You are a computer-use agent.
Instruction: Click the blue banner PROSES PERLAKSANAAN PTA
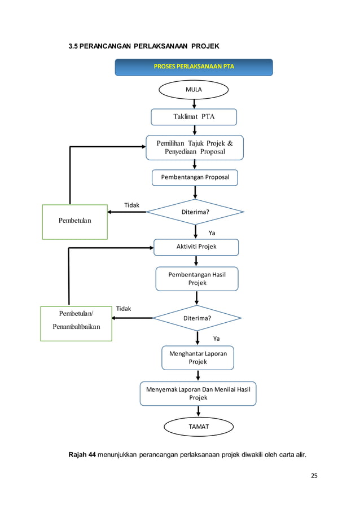coord(194,67)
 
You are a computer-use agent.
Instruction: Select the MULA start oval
coord(194,89)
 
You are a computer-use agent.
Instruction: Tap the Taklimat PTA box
coord(194,117)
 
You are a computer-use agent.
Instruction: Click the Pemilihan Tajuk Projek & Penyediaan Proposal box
coord(194,147)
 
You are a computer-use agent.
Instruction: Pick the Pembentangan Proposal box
coord(195,178)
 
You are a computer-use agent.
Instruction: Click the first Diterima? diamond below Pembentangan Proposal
coord(195,212)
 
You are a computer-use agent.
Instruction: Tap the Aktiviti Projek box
coord(196,247)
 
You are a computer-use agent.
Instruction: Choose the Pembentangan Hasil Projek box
coord(197,279)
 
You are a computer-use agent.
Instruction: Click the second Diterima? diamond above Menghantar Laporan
coord(197,318)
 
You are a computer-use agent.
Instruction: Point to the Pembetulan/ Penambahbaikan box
coord(76,323)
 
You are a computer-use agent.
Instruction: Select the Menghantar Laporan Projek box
coord(197,358)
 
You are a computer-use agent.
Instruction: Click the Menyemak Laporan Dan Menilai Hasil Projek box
coord(198,393)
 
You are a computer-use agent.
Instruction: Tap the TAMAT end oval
coord(198,427)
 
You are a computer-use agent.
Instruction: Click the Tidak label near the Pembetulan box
coord(131,205)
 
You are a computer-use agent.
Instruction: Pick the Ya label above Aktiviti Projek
coord(212,232)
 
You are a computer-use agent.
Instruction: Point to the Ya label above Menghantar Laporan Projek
coord(216,339)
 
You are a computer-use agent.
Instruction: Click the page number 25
coord(314,476)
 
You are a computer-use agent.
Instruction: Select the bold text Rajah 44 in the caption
coord(82,455)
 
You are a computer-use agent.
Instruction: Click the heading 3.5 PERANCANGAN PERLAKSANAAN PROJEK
coord(144,46)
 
